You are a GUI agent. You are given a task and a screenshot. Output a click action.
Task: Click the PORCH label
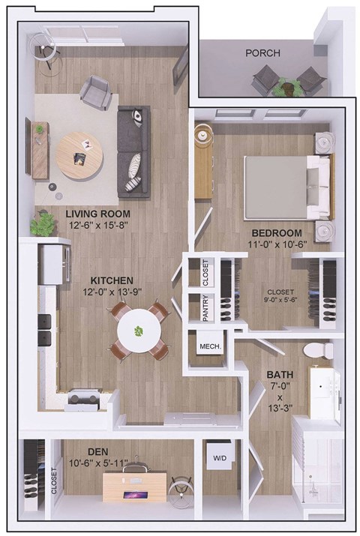262,53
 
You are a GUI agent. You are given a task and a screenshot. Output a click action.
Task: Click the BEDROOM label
276,233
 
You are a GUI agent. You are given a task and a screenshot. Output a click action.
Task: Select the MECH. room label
208,347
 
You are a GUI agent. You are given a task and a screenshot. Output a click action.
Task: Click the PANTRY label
205,308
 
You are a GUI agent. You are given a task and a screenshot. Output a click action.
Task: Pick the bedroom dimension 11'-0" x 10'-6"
276,245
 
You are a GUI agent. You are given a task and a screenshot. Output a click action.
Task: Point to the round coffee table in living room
79,155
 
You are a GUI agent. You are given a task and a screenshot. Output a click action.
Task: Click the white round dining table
139,331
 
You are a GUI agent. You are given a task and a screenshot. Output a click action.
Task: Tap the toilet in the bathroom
317,350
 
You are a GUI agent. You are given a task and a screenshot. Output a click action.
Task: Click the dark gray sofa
133,149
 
